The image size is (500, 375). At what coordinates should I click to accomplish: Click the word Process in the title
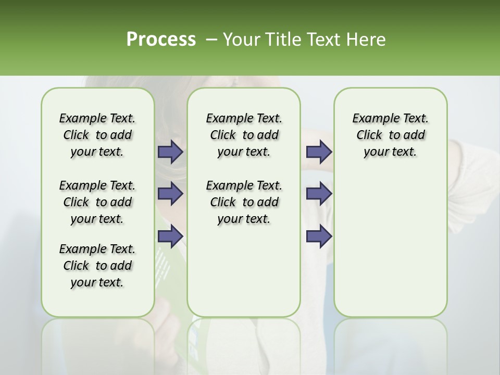coord(160,39)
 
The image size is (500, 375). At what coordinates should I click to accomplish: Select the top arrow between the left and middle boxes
coord(170,152)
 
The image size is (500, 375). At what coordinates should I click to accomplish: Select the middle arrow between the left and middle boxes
coord(170,193)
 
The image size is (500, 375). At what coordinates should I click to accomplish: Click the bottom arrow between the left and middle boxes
coord(170,236)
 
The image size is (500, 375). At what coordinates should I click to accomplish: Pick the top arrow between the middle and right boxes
coord(319,152)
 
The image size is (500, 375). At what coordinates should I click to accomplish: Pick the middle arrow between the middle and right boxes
coord(319,193)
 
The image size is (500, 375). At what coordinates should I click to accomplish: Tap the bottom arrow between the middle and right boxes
coord(319,236)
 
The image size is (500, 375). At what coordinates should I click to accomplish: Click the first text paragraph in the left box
coord(97,135)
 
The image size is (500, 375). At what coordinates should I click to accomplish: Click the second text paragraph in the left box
coord(97,202)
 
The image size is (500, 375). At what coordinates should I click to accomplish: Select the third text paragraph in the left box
coord(97,266)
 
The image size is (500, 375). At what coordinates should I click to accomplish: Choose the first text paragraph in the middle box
coord(244,135)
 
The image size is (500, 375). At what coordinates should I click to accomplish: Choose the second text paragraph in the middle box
coord(244,202)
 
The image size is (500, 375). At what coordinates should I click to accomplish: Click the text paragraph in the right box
coord(390,135)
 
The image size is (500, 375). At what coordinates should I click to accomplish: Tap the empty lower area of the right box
coord(390,245)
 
